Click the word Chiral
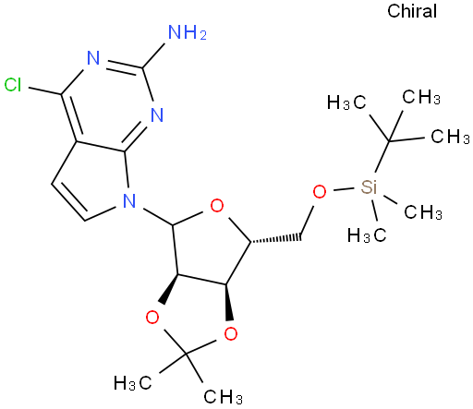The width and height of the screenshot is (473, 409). [x=412, y=11]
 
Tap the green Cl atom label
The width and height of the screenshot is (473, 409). [x=13, y=85]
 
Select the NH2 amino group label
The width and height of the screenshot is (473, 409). [x=188, y=32]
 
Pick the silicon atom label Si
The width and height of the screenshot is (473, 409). [x=369, y=186]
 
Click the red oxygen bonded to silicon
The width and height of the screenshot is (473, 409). [x=320, y=191]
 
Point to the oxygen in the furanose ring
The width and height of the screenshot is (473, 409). [x=217, y=206]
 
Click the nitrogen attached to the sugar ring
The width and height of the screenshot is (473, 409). [x=129, y=201]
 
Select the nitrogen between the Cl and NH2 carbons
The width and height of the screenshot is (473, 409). [x=93, y=57]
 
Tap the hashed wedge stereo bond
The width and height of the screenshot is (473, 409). [x=275, y=238]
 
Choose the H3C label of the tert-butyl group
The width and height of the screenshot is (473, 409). [x=346, y=102]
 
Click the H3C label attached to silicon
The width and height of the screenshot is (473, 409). [x=367, y=236]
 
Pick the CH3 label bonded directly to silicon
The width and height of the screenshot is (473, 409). [x=423, y=212]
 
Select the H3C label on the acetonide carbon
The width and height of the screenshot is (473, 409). [x=133, y=383]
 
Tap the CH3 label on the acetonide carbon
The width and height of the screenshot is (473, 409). [x=223, y=397]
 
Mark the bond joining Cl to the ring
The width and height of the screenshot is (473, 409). [x=45, y=91]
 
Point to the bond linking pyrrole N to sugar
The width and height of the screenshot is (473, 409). [x=157, y=217]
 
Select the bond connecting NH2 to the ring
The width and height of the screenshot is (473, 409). [x=153, y=55]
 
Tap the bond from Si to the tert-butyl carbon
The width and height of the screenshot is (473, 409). [x=382, y=157]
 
